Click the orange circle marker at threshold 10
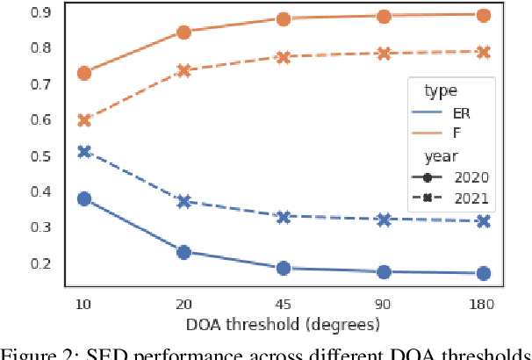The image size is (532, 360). point(84,73)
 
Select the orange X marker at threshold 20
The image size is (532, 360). point(184,71)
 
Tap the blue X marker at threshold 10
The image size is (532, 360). point(84,152)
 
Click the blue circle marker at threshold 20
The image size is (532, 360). point(184,252)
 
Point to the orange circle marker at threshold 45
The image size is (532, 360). point(284,19)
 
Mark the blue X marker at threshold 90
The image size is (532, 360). point(384,220)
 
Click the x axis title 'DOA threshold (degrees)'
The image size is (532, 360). point(284,324)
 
